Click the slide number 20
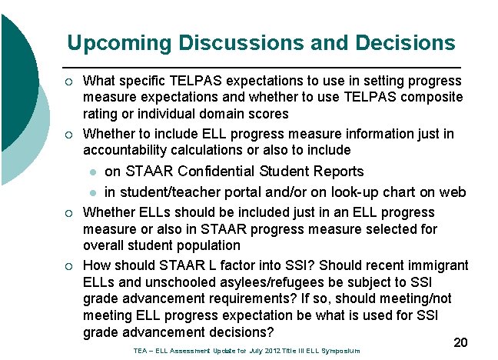[x=460, y=342]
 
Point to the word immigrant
[x=438, y=265]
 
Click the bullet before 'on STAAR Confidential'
[x=91, y=172]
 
